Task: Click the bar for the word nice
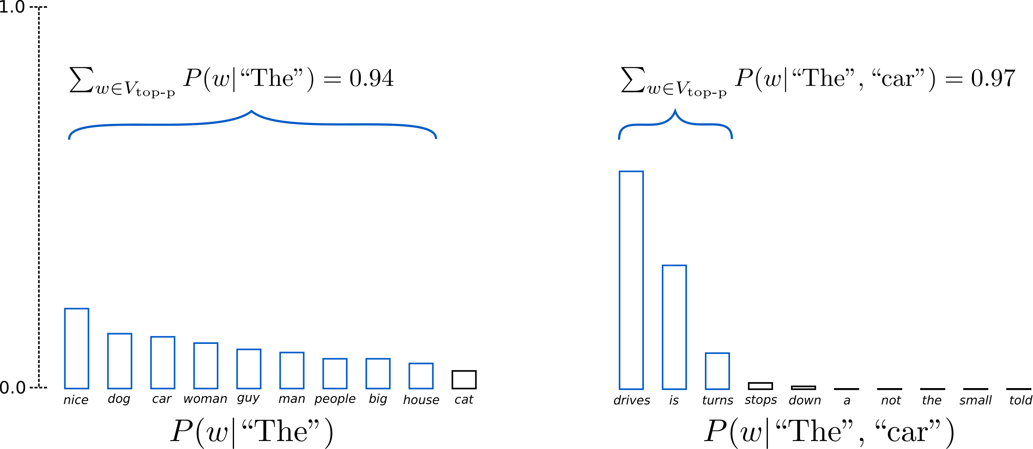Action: click(77, 348)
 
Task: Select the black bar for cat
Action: click(464, 380)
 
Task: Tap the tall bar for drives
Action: click(631, 280)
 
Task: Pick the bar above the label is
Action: click(674, 327)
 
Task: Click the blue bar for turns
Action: click(717, 371)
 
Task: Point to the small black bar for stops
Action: click(760, 386)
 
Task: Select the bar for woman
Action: click(206, 366)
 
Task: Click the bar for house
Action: click(421, 376)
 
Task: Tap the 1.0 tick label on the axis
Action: click(12, 7)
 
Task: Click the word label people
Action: click(335, 399)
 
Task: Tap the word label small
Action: click(975, 400)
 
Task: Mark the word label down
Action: click(805, 400)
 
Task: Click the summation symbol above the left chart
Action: click(82, 79)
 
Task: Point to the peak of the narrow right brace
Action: click(675, 111)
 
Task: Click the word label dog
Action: click(119, 399)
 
